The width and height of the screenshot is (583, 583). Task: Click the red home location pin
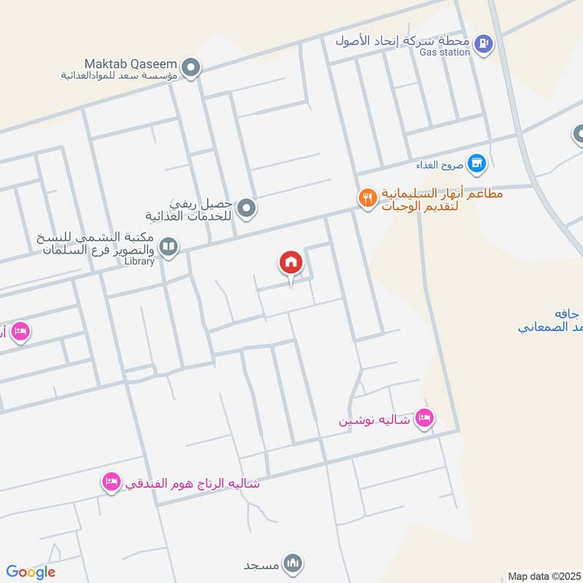click(291, 263)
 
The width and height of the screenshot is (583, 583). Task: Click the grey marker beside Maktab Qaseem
click(191, 69)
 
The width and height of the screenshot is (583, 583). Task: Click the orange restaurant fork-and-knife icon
click(367, 197)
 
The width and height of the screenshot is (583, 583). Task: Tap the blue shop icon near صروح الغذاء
click(477, 163)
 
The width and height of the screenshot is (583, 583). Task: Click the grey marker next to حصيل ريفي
click(247, 209)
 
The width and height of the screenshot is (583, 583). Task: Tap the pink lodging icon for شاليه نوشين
click(423, 418)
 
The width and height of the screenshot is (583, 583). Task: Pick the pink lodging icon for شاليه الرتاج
click(111, 482)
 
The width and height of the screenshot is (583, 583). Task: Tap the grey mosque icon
click(294, 563)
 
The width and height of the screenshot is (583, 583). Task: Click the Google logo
click(30, 572)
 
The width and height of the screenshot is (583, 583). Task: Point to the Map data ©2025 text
click(544, 576)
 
